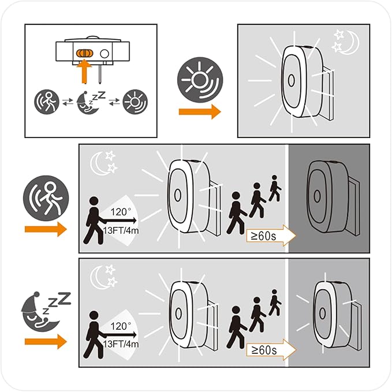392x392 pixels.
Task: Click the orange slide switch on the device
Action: (84, 53)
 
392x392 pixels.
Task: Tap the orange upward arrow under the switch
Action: (84, 71)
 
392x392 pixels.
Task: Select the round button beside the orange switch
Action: (104, 54)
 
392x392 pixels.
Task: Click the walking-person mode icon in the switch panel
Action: (47, 102)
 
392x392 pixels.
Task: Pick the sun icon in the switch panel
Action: (135, 102)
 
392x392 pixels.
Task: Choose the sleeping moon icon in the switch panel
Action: (91, 103)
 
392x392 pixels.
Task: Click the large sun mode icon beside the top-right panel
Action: (200, 80)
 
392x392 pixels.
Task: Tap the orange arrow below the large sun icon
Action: (200, 112)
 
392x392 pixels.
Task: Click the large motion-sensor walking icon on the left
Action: (46, 198)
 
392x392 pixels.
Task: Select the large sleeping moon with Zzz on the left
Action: (45, 311)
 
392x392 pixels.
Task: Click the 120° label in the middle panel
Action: (121, 212)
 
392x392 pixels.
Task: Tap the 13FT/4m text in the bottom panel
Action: (121, 344)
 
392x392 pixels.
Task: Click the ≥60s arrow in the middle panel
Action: (271, 236)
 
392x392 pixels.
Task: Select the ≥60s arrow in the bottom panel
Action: (271, 350)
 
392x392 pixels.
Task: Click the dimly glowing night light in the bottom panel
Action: (333, 313)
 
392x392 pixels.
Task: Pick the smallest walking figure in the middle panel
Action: (275, 188)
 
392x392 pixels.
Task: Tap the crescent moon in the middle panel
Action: (97, 164)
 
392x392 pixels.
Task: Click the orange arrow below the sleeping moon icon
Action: (46, 342)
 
